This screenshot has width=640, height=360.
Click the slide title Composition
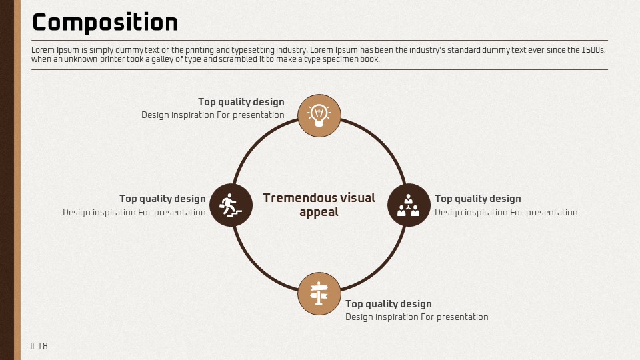(105, 23)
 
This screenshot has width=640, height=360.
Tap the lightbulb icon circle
(319, 115)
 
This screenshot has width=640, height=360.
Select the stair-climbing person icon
(231, 205)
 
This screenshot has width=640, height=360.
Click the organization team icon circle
(409, 205)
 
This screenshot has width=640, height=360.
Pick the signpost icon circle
(319, 293)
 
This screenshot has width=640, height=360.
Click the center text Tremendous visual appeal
(319, 205)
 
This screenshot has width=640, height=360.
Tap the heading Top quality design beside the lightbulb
(241, 102)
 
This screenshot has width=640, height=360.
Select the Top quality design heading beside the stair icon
(163, 199)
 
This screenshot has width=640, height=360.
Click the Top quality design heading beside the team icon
(477, 199)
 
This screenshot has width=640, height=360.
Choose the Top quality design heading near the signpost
(389, 304)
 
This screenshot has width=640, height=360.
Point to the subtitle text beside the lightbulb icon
(213, 115)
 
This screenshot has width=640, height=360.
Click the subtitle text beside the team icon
(506, 212)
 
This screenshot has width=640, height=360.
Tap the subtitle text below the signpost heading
(417, 317)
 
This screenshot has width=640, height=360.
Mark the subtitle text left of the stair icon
(134, 212)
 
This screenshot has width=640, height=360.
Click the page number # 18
(39, 346)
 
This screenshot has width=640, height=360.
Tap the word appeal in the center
(319, 213)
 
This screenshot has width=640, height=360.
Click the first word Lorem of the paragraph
(43, 50)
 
